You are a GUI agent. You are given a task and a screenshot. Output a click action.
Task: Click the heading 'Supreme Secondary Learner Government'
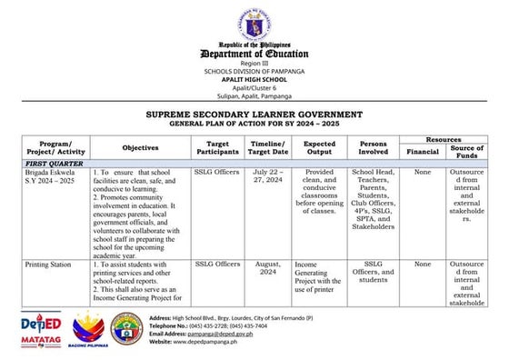[x=254, y=115]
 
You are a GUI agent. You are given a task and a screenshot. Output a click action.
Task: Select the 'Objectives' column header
[x=140, y=147]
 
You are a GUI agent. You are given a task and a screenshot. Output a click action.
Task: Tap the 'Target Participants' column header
[x=217, y=147]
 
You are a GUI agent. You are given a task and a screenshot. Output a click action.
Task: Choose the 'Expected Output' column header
[x=319, y=147]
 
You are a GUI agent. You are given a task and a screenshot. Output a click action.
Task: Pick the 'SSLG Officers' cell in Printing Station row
[x=217, y=265]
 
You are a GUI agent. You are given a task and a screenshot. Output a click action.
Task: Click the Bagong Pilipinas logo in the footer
[x=84, y=329]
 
